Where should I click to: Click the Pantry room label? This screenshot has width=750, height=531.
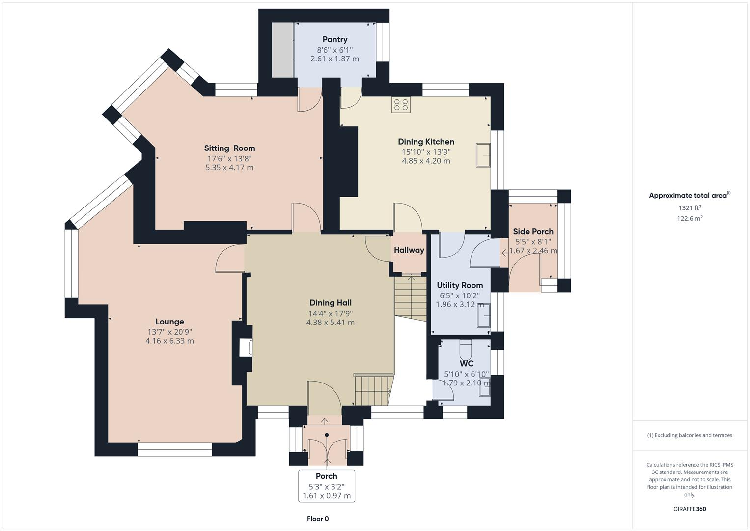(x=334, y=39)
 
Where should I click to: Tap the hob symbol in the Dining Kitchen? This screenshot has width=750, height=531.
(x=401, y=105)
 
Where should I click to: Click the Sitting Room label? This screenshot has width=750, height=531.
(x=229, y=148)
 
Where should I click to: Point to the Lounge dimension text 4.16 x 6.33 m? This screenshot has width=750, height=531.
(x=169, y=341)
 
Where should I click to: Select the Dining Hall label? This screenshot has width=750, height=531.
(x=330, y=303)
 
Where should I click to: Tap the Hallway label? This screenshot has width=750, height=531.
(x=409, y=250)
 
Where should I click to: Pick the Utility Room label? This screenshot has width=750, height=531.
(x=460, y=285)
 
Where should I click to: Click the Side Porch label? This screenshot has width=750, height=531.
(x=533, y=231)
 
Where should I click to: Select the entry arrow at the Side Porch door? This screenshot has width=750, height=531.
(x=505, y=253)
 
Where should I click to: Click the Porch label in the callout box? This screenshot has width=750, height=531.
(x=326, y=476)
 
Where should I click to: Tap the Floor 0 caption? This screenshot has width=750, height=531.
(x=317, y=519)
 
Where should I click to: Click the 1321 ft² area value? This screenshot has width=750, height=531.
(x=690, y=208)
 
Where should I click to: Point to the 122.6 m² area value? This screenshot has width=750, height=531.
(x=690, y=219)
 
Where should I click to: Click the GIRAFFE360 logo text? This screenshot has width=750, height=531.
(x=689, y=509)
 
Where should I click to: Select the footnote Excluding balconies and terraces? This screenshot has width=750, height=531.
(x=690, y=435)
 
